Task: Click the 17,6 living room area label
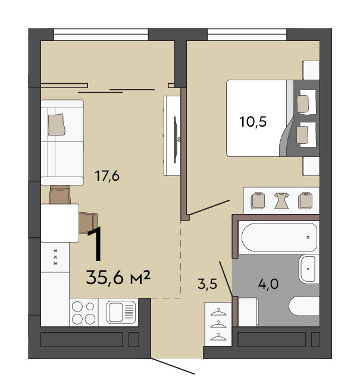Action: point(107,176)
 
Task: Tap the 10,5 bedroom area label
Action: point(253,122)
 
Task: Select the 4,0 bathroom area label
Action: point(268,284)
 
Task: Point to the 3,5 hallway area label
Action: point(207,284)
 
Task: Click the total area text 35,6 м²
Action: point(118,277)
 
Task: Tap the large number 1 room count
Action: point(95,244)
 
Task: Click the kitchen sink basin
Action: point(121,312)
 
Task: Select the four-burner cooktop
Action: point(84,313)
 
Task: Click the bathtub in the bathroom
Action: point(279,237)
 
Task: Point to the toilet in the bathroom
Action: point(304,306)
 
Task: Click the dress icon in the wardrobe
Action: point(281,200)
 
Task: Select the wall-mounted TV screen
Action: point(176,140)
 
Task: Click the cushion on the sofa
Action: point(57,124)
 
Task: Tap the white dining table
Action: point(60,223)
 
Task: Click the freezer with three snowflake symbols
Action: point(55,257)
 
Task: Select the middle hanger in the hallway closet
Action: point(218,325)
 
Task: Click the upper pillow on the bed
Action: point(303,104)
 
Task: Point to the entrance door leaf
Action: point(173,366)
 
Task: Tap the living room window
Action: point(101,34)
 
